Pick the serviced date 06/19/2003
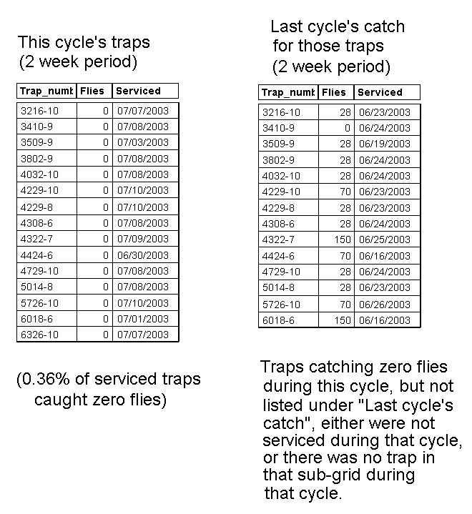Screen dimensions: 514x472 point(385,144)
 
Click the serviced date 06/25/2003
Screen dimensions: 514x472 point(385,240)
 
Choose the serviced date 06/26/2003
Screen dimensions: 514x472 point(385,305)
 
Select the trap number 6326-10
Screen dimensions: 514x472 point(39,335)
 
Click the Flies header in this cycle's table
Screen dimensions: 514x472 point(93,91)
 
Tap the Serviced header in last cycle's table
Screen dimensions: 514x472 point(380,92)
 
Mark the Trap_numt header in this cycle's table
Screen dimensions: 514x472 point(46,91)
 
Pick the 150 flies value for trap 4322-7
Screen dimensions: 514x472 point(343,240)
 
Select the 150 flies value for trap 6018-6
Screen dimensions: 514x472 point(343,320)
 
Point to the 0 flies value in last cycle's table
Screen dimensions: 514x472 point(348,128)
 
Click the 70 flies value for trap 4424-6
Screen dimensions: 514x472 point(345,256)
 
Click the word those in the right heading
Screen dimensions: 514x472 point(319,47)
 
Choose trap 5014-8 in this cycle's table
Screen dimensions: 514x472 point(36,287)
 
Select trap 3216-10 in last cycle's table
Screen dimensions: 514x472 point(281,112)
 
